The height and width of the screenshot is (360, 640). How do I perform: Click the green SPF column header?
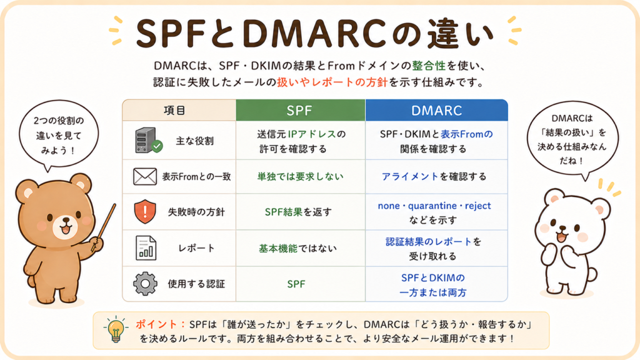coord(301,110)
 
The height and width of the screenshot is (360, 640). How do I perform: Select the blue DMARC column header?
coord(436,110)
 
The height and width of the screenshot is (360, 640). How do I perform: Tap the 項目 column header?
coord(179,110)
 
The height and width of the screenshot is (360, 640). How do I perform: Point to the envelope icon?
coord(145,176)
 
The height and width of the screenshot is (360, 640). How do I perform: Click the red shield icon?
coord(145,211)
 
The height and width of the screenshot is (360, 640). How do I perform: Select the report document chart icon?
coord(146,247)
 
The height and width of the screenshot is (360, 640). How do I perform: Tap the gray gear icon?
coord(145,284)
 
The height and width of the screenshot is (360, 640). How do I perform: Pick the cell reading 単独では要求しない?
coord(301,176)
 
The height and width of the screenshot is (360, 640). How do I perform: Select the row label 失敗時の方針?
coord(196,212)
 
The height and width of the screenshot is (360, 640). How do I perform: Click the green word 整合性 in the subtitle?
coord(429,66)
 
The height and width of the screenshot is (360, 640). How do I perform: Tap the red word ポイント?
coord(156,324)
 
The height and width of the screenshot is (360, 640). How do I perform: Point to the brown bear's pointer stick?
coord(104,227)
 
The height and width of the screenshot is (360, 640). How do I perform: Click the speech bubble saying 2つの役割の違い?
coord(59,135)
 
